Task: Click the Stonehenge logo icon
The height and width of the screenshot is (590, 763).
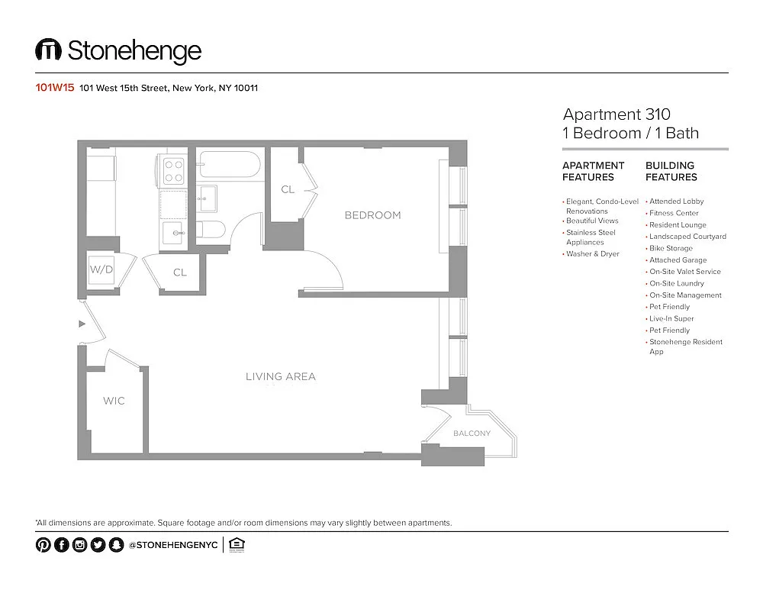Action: (x=48, y=49)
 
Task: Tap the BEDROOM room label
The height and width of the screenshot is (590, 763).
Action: (x=373, y=215)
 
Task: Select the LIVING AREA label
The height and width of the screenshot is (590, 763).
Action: (x=281, y=376)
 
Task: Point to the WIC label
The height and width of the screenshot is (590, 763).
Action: (x=114, y=401)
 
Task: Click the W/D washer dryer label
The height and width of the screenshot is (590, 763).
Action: (x=101, y=269)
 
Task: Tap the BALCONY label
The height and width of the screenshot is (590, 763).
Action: (x=472, y=434)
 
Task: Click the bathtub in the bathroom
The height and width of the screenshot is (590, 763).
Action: (x=230, y=164)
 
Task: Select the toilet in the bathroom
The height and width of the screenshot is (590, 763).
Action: (x=211, y=229)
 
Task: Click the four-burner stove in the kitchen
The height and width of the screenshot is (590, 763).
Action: (x=173, y=171)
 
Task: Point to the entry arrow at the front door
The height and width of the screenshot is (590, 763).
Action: (x=82, y=324)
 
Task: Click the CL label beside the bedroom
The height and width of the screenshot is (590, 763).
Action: (x=288, y=189)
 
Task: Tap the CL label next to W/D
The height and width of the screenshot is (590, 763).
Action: (x=180, y=272)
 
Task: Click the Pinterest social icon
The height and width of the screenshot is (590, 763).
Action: (x=43, y=545)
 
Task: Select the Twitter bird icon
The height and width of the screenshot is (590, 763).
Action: (x=98, y=545)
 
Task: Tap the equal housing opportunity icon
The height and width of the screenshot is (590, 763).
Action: (x=237, y=545)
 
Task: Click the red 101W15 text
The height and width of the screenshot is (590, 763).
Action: (x=54, y=88)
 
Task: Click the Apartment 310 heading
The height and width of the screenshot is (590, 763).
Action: (x=617, y=114)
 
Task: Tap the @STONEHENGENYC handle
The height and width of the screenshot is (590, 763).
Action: (x=173, y=545)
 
